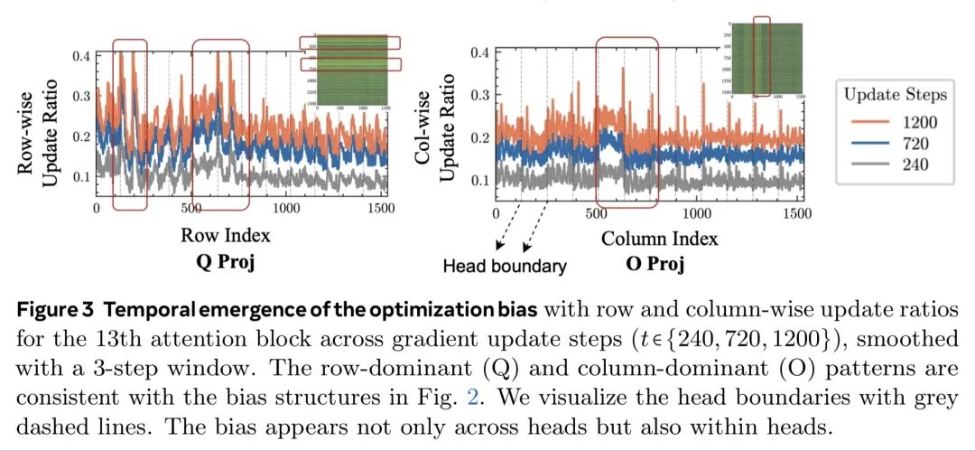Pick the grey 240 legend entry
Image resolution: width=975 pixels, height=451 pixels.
tap(888, 164)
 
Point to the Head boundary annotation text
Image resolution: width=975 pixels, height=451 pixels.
tap(505, 267)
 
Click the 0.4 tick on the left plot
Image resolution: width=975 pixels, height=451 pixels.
tap(80, 56)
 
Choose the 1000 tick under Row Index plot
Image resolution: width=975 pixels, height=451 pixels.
tap(287, 209)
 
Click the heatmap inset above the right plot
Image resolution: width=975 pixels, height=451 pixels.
tap(763, 59)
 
